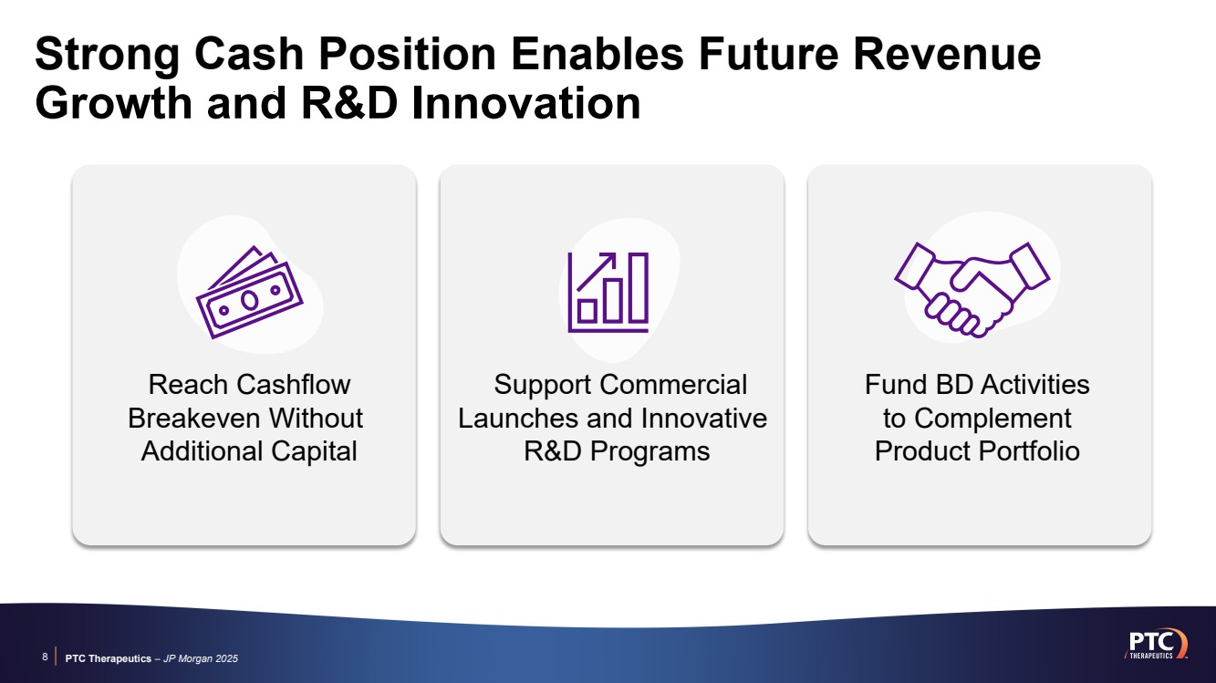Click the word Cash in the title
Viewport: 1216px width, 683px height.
coord(249,54)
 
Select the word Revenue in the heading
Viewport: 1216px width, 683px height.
coord(947,54)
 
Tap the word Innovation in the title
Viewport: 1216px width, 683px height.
coord(526,102)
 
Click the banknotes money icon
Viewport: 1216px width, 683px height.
coord(249,292)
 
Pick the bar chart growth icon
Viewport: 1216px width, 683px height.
coord(608,292)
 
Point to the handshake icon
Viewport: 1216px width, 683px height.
coord(972,290)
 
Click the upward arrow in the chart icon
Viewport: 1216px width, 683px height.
coord(596,271)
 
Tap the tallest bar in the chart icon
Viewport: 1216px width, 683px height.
coord(639,287)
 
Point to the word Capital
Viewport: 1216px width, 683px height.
coord(314,451)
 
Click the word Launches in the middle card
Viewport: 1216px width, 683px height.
coord(518,419)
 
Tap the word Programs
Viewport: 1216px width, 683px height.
coord(650,451)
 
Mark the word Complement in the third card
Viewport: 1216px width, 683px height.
coord(993,419)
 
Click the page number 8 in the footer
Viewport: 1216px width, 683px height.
coord(45,657)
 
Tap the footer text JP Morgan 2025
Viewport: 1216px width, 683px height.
coord(201,658)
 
